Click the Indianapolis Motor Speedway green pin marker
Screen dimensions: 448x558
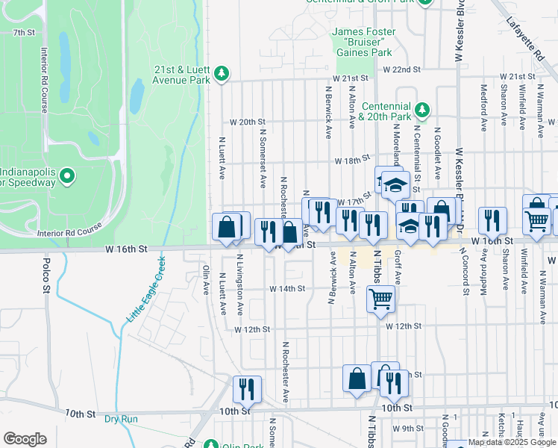click(x=67, y=176)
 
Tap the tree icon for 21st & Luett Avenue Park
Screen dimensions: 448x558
click(x=222, y=73)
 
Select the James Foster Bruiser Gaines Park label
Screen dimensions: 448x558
click(x=362, y=43)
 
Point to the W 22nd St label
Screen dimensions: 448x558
click(x=402, y=69)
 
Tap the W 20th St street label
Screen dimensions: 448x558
click(x=248, y=122)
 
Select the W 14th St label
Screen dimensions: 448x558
click(x=287, y=288)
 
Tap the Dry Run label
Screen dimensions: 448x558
click(x=121, y=419)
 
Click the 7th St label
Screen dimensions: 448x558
click(x=24, y=33)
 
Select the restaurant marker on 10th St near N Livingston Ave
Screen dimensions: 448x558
click(x=246, y=389)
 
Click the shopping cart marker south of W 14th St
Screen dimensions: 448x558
click(x=380, y=299)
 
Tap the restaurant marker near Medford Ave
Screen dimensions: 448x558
click(x=492, y=220)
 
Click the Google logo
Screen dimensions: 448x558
click(x=25, y=439)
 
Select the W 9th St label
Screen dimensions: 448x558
click(x=413, y=428)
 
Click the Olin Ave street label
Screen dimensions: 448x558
click(x=207, y=281)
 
